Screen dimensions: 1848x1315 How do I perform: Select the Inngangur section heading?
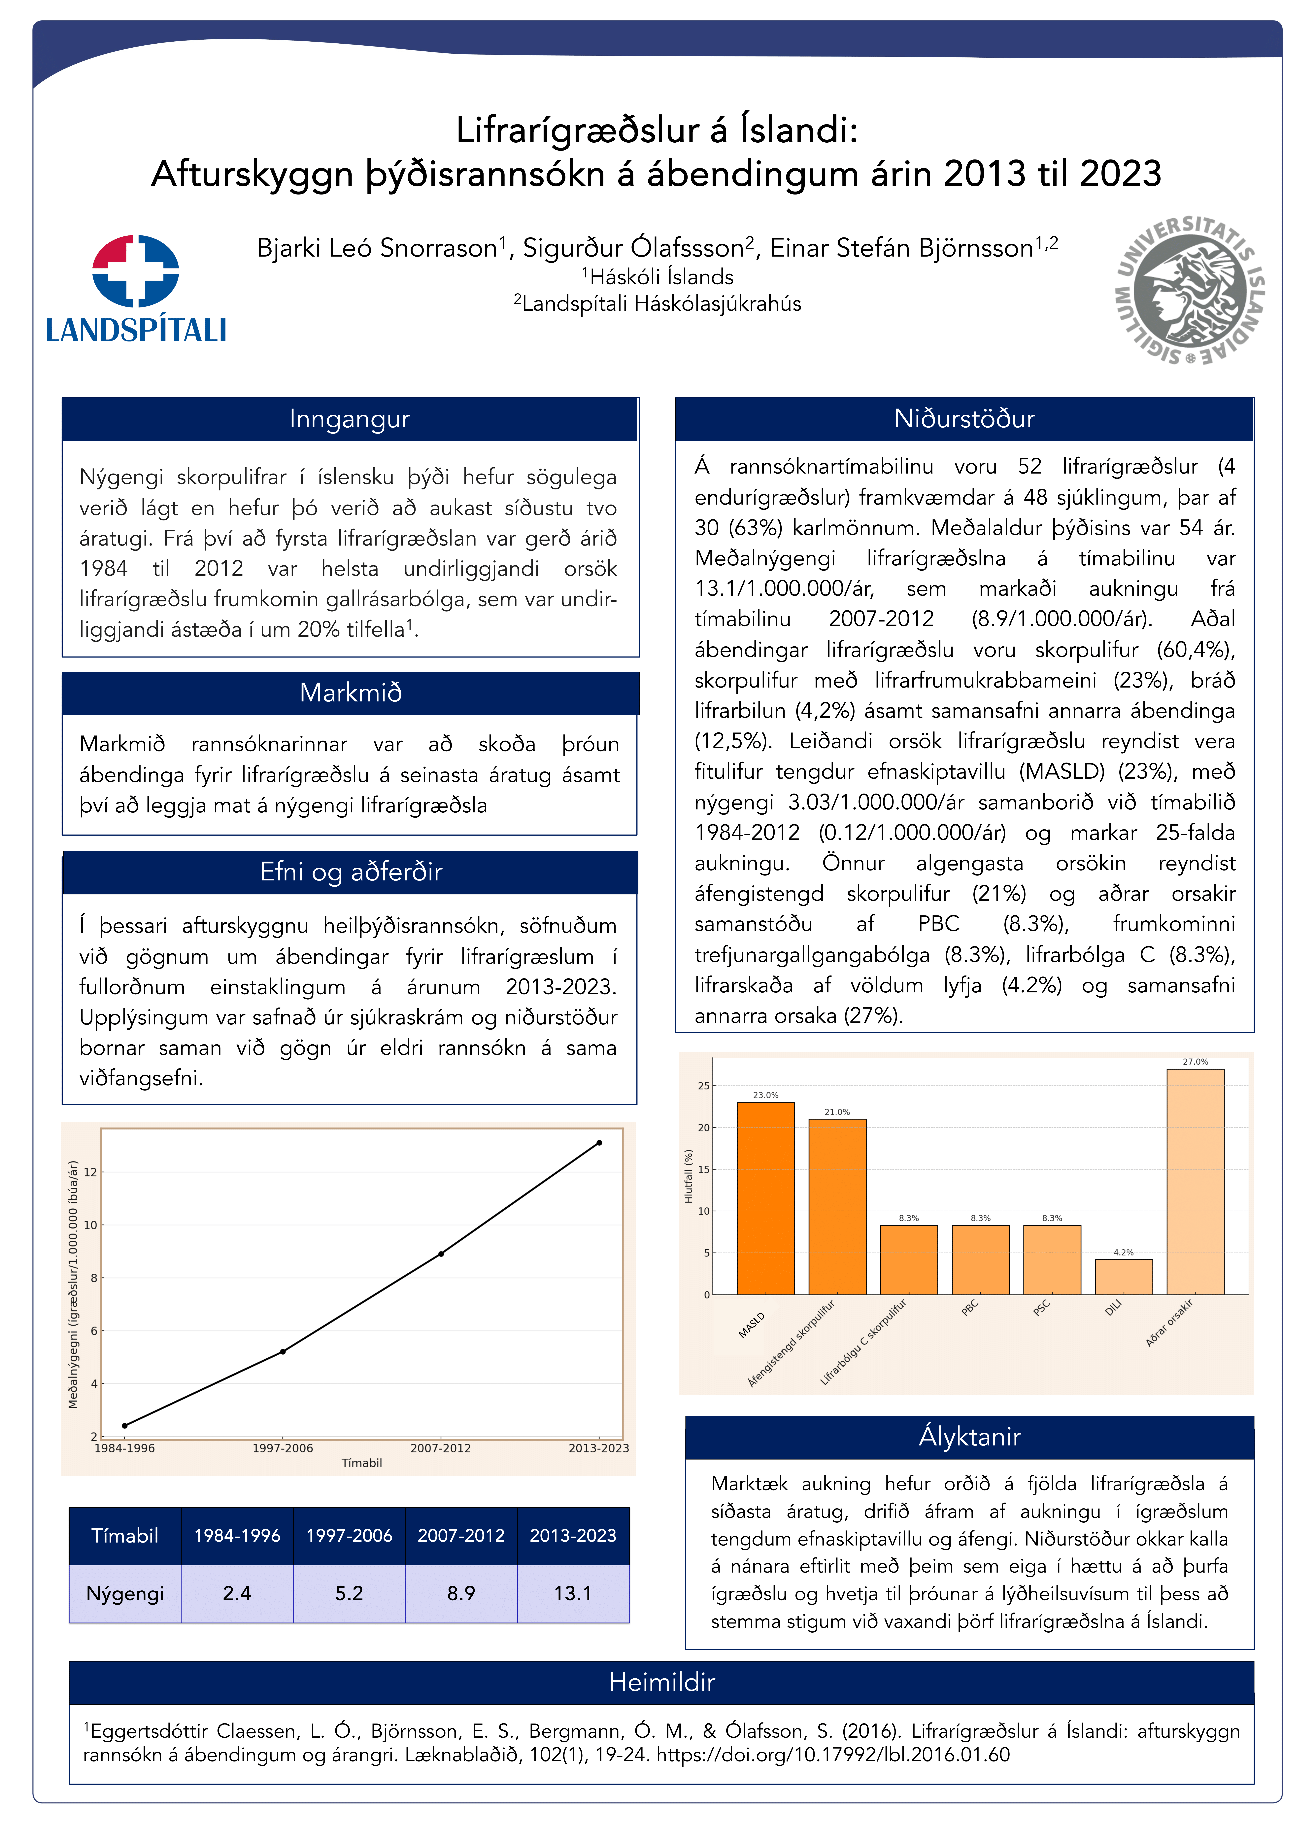[x=350, y=419]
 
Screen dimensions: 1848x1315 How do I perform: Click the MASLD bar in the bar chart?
[x=765, y=1198]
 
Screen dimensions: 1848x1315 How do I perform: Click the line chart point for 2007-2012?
[x=441, y=1254]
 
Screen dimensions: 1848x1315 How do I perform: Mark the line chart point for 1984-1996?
[x=125, y=1425]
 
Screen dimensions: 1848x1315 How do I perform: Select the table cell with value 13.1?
[x=572, y=1593]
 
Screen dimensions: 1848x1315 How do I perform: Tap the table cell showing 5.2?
[x=349, y=1593]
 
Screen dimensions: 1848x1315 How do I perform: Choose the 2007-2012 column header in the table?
[x=461, y=1535]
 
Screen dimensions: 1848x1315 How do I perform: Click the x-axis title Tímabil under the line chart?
[x=361, y=1463]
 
